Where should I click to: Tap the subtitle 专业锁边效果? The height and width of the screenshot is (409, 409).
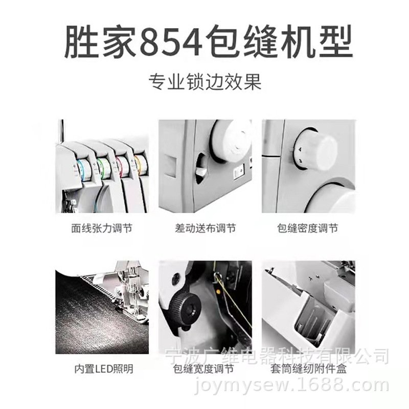tap(204, 82)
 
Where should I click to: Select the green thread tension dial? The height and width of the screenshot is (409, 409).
tap(102, 166)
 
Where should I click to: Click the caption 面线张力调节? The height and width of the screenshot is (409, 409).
tap(102, 229)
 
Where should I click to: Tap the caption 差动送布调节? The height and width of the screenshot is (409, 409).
tap(205, 229)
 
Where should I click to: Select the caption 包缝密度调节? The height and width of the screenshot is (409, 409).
tap(307, 229)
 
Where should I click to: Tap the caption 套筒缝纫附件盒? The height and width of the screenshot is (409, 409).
tap(307, 369)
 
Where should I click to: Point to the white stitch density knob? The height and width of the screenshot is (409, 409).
tap(317, 148)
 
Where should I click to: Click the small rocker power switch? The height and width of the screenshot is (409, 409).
tap(237, 171)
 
